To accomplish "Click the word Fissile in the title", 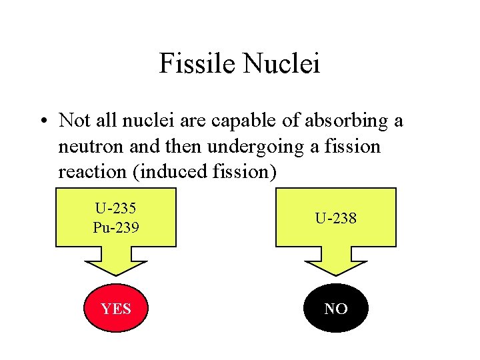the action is (x=197, y=64).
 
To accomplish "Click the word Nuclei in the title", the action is (x=281, y=64).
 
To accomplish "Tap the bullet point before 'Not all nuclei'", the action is (x=43, y=121).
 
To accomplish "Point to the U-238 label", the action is (x=336, y=217).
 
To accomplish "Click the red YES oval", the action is (x=116, y=309).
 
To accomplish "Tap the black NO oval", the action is (x=336, y=309).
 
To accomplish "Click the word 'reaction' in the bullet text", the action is (x=93, y=171).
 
